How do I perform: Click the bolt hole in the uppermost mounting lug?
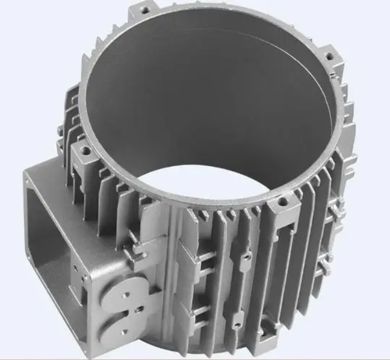point(144,10)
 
